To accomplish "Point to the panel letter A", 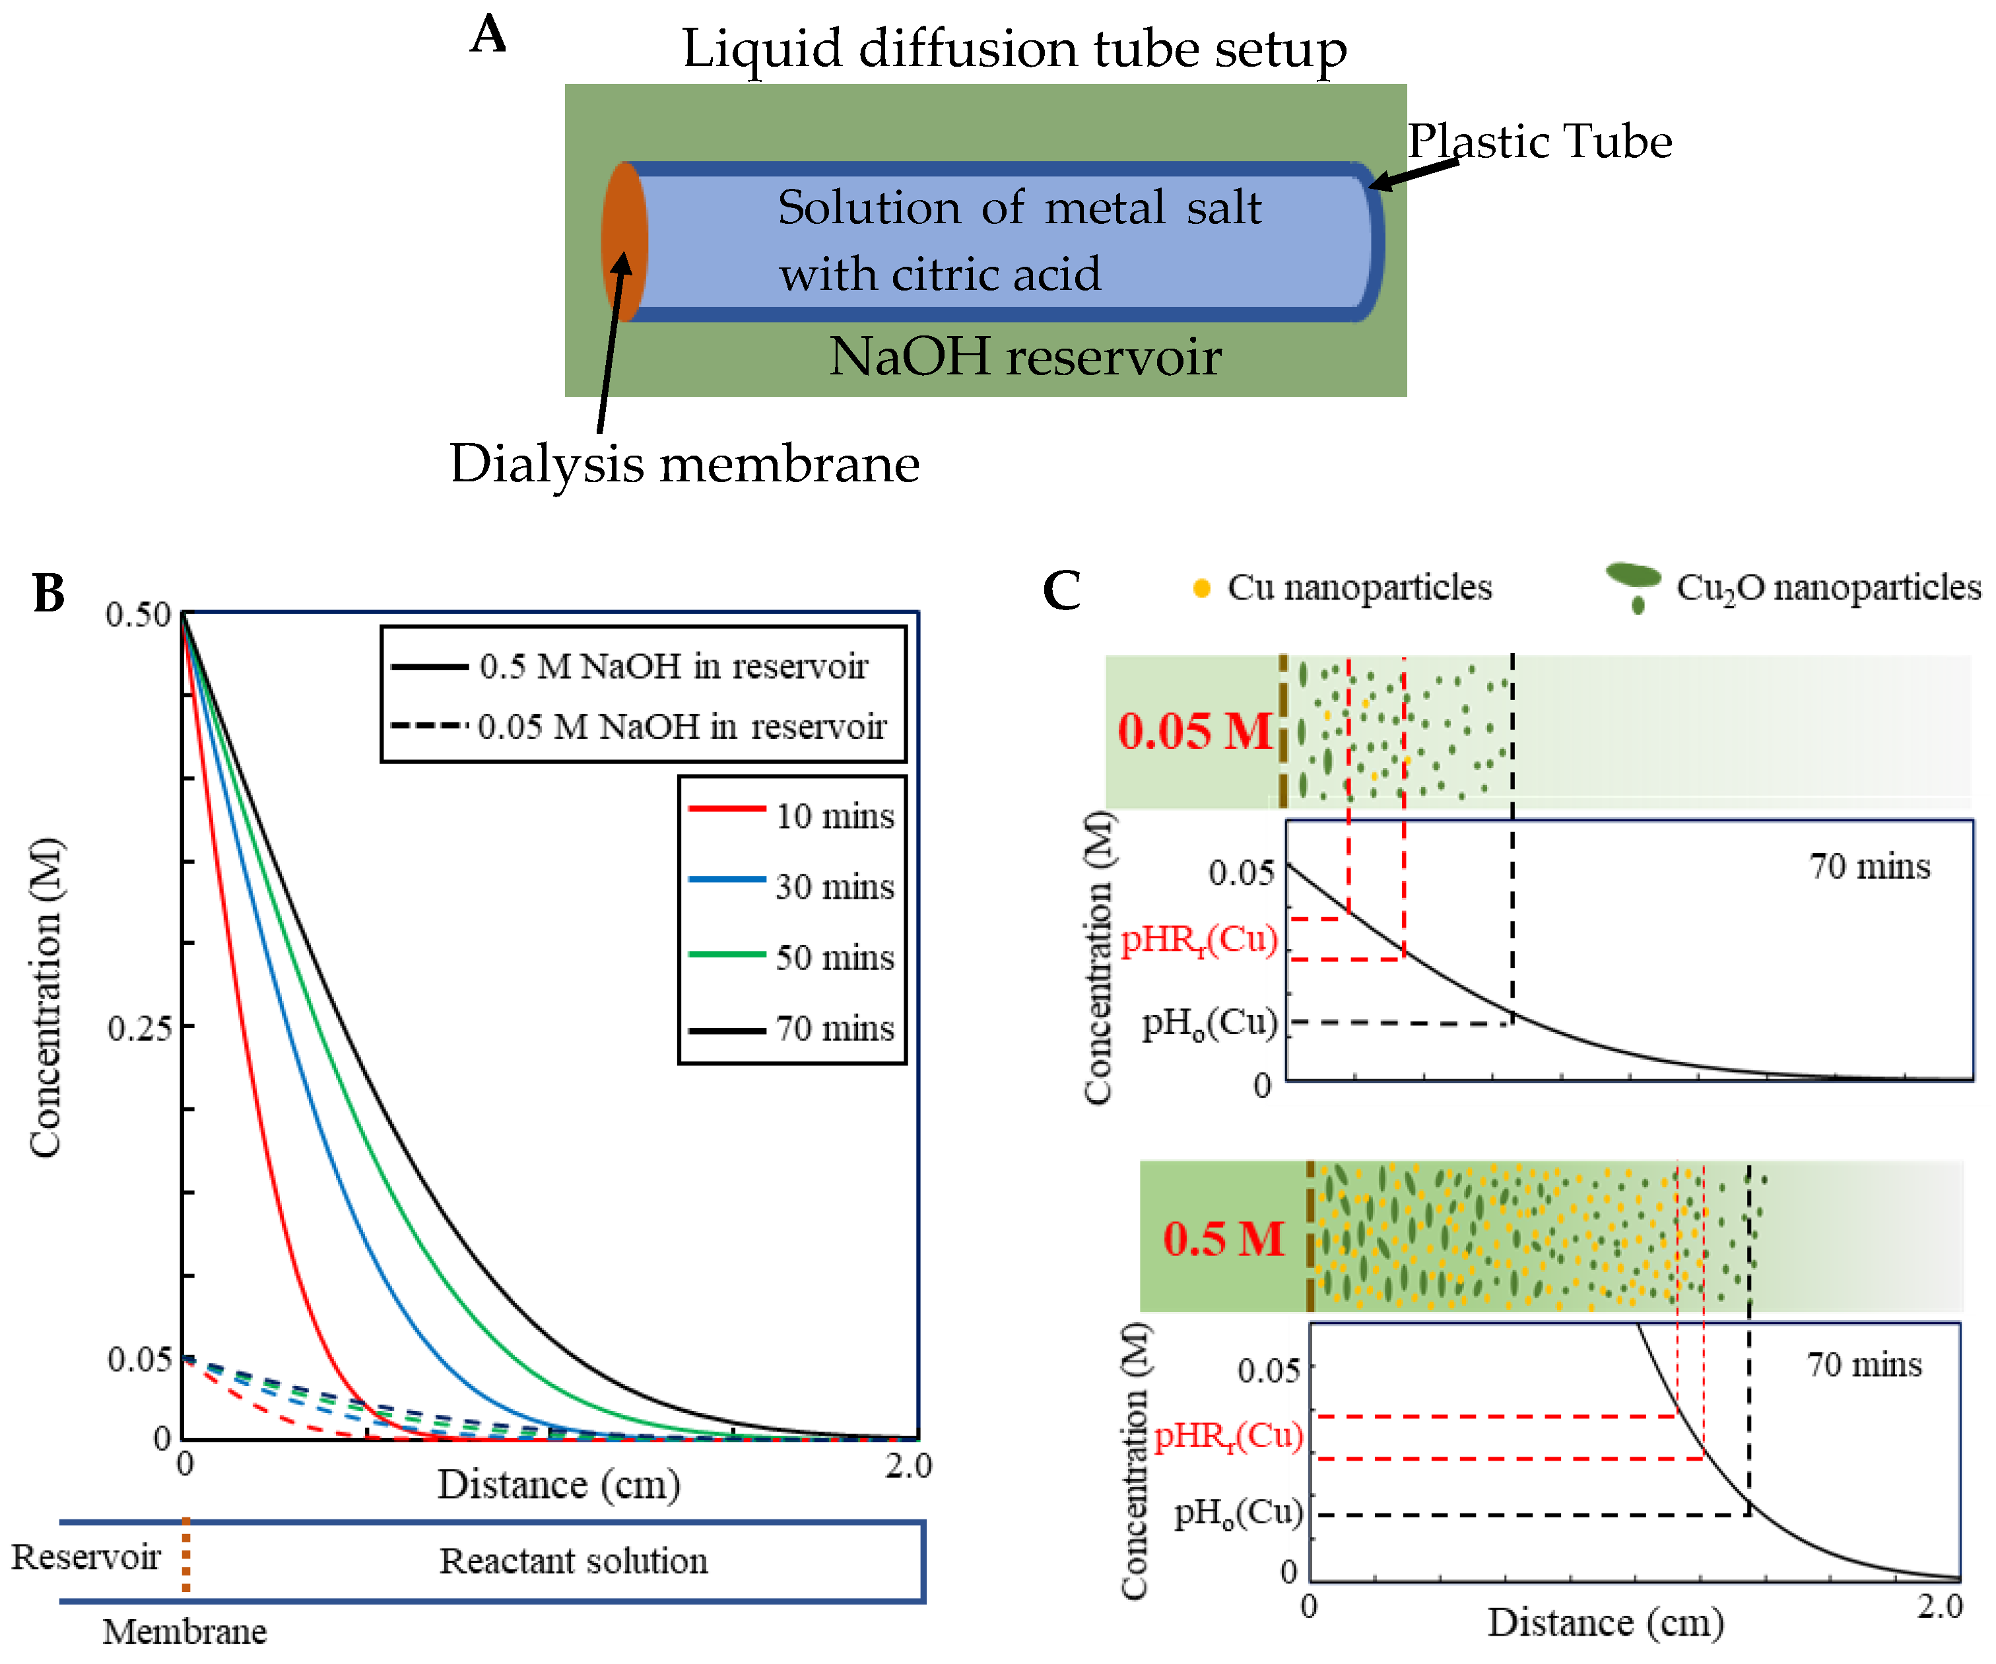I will click(488, 35).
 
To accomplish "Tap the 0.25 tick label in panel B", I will click(139, 1028).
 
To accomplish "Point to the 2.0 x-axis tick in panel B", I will click(908, 1465).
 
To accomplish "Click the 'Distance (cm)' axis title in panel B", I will click(559, 1484).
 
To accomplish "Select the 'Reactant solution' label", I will click(573, 1560).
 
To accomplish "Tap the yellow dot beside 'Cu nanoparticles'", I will click(1201, 588).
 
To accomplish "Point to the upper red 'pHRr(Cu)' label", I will click(1199, 940).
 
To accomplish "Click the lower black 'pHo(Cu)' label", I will click(1238, 1512).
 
